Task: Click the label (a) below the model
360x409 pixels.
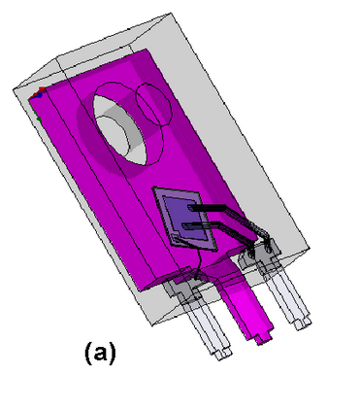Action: (x=100, y=353)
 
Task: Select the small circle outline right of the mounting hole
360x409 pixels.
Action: (x=153, y=104)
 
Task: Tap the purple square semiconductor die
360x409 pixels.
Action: (x=184, y=219)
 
